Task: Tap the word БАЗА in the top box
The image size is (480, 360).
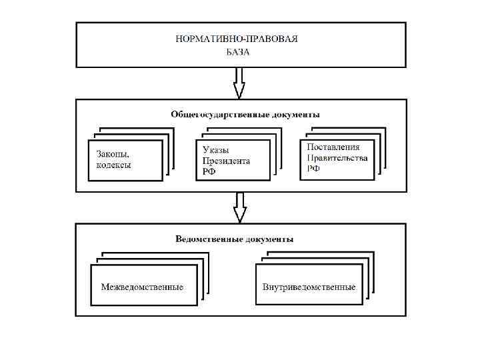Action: [237, 51]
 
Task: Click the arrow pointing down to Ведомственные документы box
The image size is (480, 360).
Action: [239, 208]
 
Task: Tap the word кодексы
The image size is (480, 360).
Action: [113, 165]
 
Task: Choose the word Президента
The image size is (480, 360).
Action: [227, 161]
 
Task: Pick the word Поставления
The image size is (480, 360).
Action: [333, 147]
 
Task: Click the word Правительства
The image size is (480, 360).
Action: [337, 158]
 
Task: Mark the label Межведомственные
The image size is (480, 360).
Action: [142, 287]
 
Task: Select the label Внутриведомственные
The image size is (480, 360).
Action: [309, 287]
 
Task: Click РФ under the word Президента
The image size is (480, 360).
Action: [209, 172]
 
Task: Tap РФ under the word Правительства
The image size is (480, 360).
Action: [313, 169]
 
